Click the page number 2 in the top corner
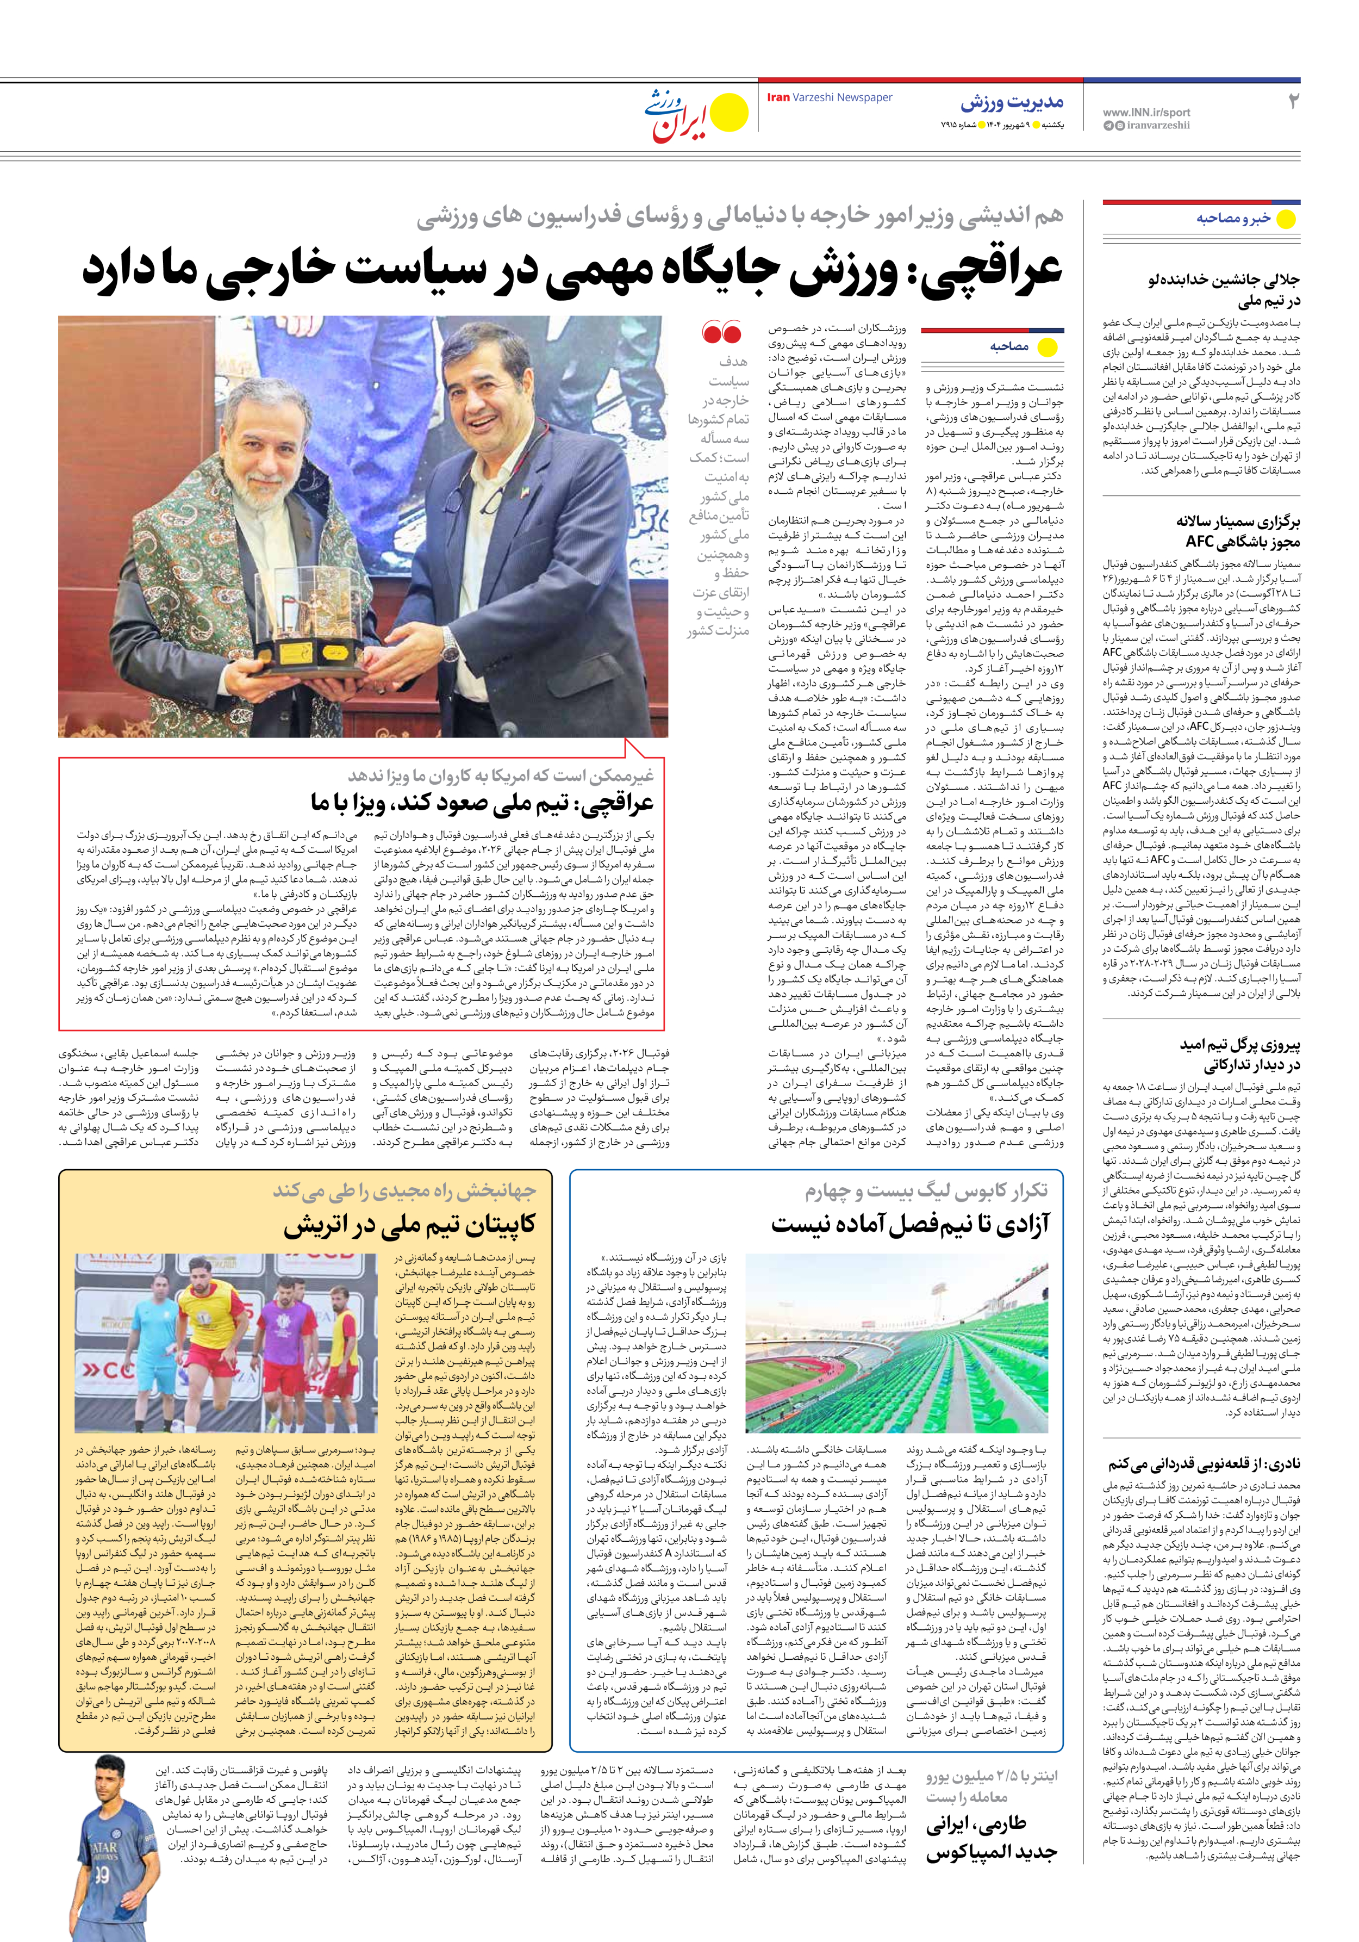(x=1292, y=102)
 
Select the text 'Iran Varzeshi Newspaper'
(x=829, y=98)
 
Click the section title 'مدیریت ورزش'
(x=1012, y=103)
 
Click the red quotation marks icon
(x=721, y=332)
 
